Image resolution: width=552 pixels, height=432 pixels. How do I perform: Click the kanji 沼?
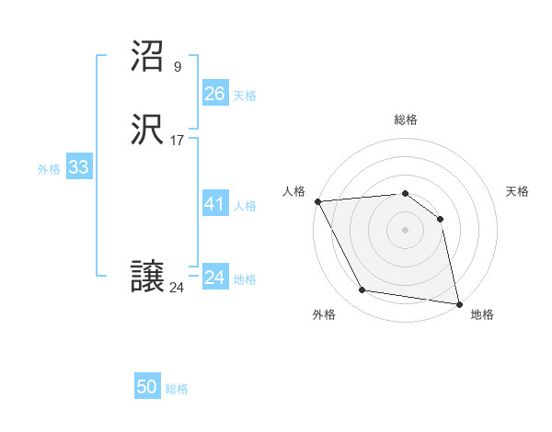148,59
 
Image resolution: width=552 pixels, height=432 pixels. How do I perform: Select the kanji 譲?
148,277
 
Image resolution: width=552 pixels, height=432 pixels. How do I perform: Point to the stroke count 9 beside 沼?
178,66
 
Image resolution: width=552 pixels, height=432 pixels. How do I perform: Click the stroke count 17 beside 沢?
178,141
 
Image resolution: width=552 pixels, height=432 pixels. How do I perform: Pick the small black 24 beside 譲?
177,287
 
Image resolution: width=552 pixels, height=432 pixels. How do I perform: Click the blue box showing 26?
214,94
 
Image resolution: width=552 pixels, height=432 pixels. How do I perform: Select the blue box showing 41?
214,205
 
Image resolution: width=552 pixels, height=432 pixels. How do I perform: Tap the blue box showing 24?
214,278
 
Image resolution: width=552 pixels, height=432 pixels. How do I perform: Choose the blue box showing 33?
78,168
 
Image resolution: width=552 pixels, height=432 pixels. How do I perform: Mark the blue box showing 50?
147,388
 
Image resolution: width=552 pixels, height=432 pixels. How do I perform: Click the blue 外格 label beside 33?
49,169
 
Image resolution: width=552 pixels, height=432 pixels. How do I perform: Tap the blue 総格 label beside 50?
177,389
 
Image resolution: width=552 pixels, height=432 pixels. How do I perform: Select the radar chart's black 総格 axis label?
405,119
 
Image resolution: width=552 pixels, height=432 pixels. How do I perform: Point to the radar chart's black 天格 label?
518,191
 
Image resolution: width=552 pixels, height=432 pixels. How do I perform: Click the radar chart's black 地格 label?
482,315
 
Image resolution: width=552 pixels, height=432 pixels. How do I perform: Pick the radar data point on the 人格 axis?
317,201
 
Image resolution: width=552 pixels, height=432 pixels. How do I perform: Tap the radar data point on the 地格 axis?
458,303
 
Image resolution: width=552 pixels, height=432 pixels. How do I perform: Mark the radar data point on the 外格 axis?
362,291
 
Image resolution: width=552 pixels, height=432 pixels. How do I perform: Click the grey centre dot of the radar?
405,230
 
